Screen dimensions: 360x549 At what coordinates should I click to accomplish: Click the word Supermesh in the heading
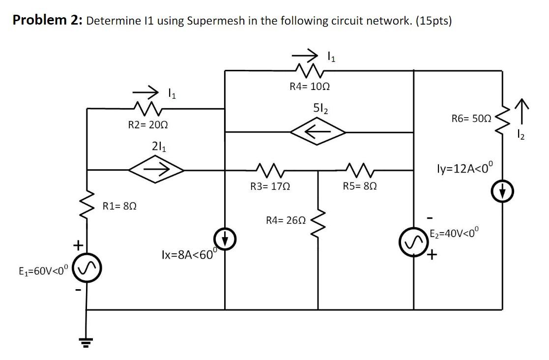pyautogui.click(x=213, y=21)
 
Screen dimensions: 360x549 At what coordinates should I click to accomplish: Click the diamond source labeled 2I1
pyautogui.click(x=156, y=170)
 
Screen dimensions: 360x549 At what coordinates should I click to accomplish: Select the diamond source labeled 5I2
pyautogui.click(x=318, y=132)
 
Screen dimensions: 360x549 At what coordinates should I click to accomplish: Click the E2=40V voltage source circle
pyautogui.click(x=413, y=242)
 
